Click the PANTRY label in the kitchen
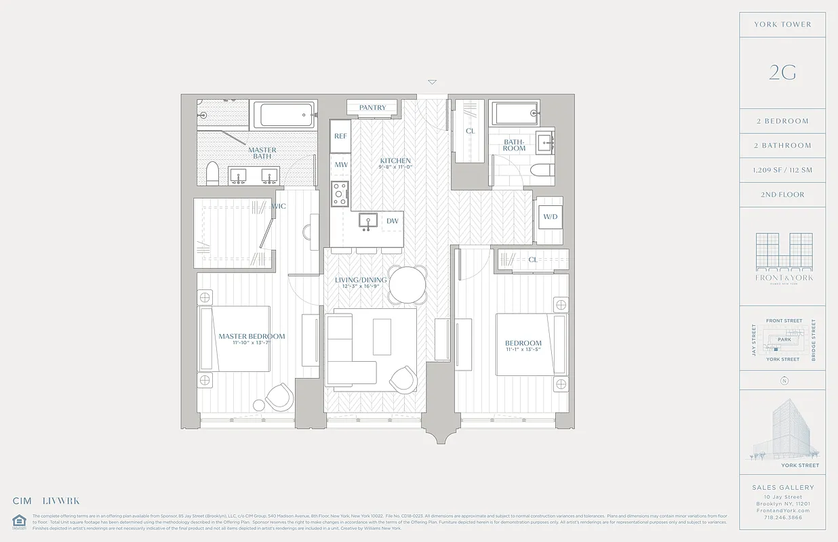372,108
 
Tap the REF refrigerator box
340,136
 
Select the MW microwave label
340,165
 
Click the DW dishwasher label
392,221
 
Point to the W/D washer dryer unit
550,217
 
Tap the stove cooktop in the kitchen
340,193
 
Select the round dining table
407,285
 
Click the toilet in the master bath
212,173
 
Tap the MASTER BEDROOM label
252,336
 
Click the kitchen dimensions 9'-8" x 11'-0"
395,168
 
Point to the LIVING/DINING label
361,280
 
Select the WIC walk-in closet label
279,206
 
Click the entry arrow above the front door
432,83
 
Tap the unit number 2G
782,72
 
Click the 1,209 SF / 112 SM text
782,170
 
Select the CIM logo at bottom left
22,501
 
